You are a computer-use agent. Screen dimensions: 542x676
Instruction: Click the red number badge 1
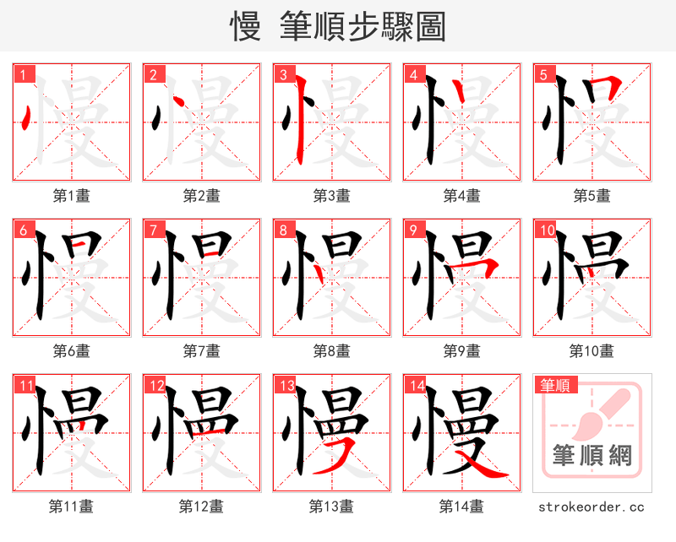pyautogui.click(x=25, y=75)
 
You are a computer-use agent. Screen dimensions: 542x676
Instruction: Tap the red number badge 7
pyautogui.click(x=155, y=230)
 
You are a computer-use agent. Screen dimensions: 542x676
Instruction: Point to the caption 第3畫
pyautogui.click(x=331, y=196)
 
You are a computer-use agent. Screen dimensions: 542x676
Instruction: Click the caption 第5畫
pyautogui.click(x=591, y=196)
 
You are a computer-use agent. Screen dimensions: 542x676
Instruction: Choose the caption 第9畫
pyautogui.click(x=461, y=350)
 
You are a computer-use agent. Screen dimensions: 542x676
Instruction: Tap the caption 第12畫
pyautogui.click(x=201, y=506)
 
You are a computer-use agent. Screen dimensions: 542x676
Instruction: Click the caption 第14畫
pyautogui.click(x=461, y=506)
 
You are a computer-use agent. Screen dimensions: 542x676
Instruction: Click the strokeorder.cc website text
pyautogui.click(x=591, y=507)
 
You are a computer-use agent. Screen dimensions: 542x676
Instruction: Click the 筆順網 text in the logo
pyautogui.click(x=591, y=457)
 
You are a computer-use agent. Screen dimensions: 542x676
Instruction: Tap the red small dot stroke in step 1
pyautogui.click(x=27, y=117)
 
